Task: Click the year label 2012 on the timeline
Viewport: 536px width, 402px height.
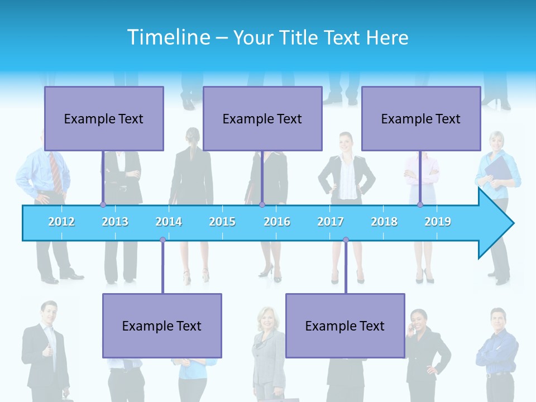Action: coord(61,222)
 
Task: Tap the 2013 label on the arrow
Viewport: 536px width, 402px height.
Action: coord(115,222)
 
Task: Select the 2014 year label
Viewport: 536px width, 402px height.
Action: coord(169,222)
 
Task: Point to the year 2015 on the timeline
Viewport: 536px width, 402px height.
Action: coord(222,222)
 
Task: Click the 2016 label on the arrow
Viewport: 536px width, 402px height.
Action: coord(277,222)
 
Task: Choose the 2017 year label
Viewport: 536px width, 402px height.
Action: coord(331,222)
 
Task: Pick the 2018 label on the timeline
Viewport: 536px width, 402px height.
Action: coord(384,222)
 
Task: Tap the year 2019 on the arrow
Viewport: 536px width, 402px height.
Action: coord(438,222)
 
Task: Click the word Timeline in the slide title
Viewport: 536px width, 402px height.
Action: coord(167,37)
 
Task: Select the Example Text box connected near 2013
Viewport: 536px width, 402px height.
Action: coord(104,118)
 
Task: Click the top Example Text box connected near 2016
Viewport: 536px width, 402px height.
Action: coord(262,118)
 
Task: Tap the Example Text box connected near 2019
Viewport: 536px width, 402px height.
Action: coord(421,118)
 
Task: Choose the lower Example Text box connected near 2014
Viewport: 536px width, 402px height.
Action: coord(162,326)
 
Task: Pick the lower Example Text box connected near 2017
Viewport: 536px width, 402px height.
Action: coord(345,326)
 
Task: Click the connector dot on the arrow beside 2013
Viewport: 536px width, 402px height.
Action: coord(103,205)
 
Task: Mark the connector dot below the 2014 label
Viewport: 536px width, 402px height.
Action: coord(162,240)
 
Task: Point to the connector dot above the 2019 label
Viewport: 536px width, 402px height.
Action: coord(420,205)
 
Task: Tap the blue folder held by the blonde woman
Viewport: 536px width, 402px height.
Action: coord(498,170)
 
